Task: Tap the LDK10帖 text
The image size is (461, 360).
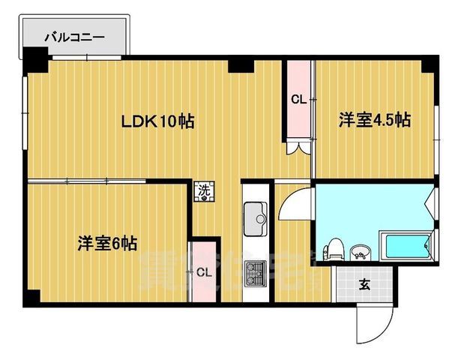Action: pos(159,121)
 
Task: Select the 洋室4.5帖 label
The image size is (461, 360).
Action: pos(374,120)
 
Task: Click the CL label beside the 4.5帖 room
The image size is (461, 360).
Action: pos(298,99)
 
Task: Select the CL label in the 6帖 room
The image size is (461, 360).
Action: pos(204,272)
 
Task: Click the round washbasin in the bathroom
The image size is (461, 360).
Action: pos(361,250)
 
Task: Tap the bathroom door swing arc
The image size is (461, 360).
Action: pos(294,202)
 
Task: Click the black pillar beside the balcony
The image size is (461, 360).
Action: pos(34,58)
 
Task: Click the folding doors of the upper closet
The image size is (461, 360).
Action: pos(298,146)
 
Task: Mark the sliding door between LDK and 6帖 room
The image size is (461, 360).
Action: pos(105,181)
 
